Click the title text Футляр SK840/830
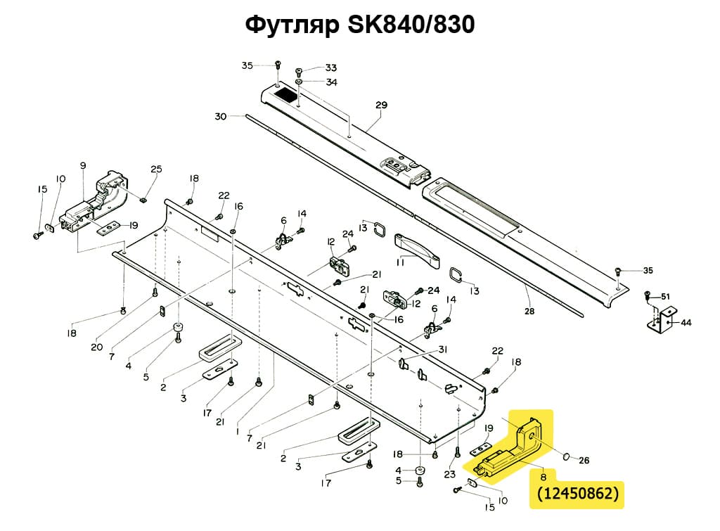pyautogui.click(x=359, y=25)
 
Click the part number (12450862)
pyautogui.click(x=578, y=493)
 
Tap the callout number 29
pyautogui.click(x=381, y=106)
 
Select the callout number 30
pyautogui.click(x=221, y=117)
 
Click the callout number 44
pyautogui.click(x=686, y=323)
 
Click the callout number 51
pyautogui.click(x=665, y=295)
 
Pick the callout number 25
pyautogui.click(x=156, y=169)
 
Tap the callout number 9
pyautogui.click(x=83, y=166)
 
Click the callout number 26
pyautogui.click(x=584, y=461)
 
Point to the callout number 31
pyautogui.click(x=442, y=350)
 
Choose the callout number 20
pyautogui.click(x=96, y=347)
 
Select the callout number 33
pyautogui.click(x=330, y=68)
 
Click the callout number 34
pyautogui.click(x=331, y=82)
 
